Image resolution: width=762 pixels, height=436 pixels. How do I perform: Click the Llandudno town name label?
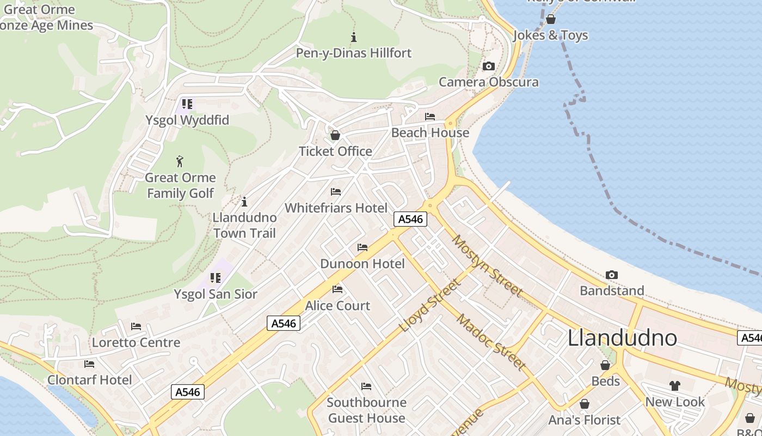click(x=622, y=338)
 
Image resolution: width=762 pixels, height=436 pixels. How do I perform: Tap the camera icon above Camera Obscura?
click(x=489, y=66)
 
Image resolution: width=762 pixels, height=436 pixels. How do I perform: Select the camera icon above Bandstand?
click(x=612, y=275)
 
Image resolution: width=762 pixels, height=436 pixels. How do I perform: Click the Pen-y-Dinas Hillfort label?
click(x=354, y=53)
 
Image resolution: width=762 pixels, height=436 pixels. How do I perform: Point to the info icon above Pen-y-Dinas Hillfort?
click(x=354, y=37)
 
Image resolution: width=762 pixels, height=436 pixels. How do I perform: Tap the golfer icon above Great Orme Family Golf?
click(x=180, y=161)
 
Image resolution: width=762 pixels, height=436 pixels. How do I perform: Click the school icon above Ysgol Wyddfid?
click(x=187, y=104)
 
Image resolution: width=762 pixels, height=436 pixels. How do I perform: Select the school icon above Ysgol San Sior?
click(x=216, y=278)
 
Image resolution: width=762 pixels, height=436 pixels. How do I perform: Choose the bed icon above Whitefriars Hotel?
click(x=336, y=192)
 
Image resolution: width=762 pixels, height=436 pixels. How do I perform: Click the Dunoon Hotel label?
click(x=362, y=264)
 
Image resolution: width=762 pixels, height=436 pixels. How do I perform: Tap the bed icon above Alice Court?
click(x=337, y=289)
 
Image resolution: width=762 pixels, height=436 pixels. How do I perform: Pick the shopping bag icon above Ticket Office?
click(x=335, y=135)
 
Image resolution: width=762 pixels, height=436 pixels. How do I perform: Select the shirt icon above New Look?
click(x=675, y=386)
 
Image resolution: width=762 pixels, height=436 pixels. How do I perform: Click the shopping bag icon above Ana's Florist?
click(x=585, y=404)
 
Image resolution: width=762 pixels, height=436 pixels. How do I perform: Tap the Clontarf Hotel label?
click(x=90, y=380)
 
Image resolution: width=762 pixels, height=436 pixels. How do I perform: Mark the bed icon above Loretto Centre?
click(x=136, y=326)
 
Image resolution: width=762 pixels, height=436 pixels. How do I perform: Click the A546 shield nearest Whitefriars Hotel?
click(x=410, y=219)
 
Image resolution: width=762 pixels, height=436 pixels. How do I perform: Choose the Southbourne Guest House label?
click(x=366, y=410)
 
